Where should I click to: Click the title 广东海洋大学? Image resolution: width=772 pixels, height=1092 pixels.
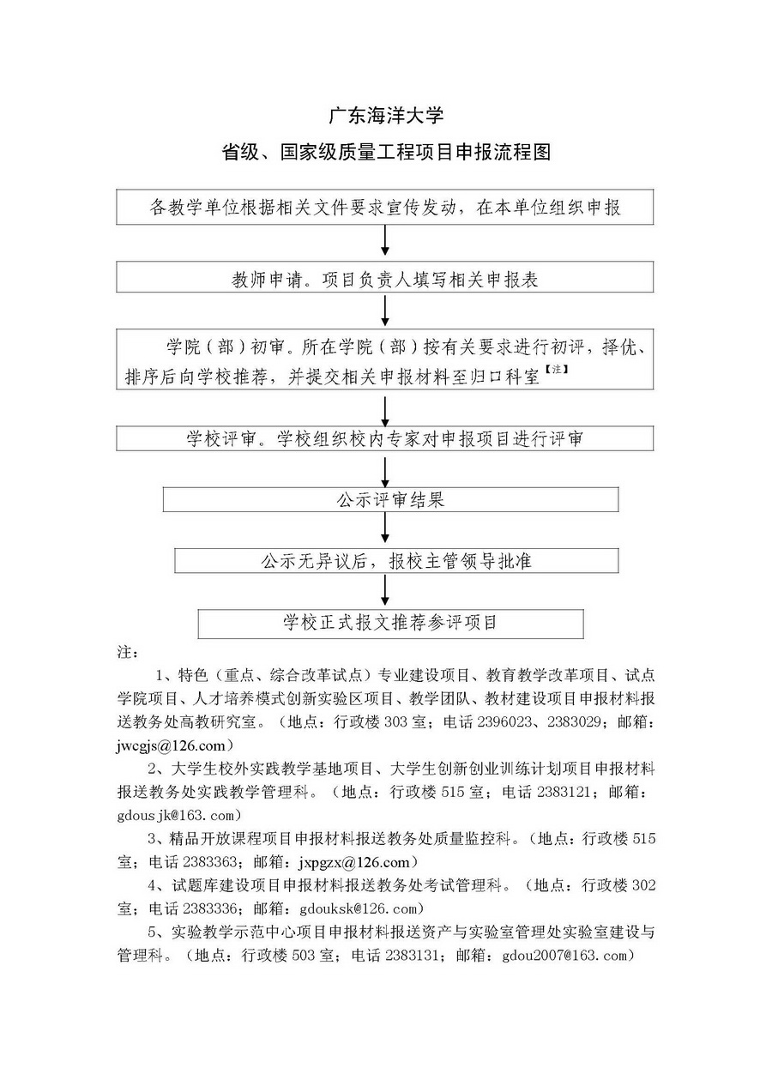click(x=385, y=115)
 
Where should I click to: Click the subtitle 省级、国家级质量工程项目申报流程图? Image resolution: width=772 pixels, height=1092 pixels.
click(x=385, y=153)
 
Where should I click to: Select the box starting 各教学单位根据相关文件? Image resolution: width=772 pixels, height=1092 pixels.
click(x=385, y=208)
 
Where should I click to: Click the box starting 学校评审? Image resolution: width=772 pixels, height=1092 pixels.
click(x=385, y=438)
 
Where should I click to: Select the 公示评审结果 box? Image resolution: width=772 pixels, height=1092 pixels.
click(x=390, y=499)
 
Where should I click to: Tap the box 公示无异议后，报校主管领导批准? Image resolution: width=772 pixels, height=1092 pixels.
click(x=396, y=560)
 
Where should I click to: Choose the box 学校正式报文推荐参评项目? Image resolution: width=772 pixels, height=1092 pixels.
click(x=390, y=623)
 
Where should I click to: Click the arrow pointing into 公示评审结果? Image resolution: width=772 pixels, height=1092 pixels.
click(x=385, y=470)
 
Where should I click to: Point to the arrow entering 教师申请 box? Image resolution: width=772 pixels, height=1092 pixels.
click(x=385, y=243)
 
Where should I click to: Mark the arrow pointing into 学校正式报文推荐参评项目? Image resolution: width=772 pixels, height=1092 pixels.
click(x=385, y=591)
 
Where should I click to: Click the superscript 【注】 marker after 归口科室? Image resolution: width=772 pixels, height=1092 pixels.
click(x=555, y=370)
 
